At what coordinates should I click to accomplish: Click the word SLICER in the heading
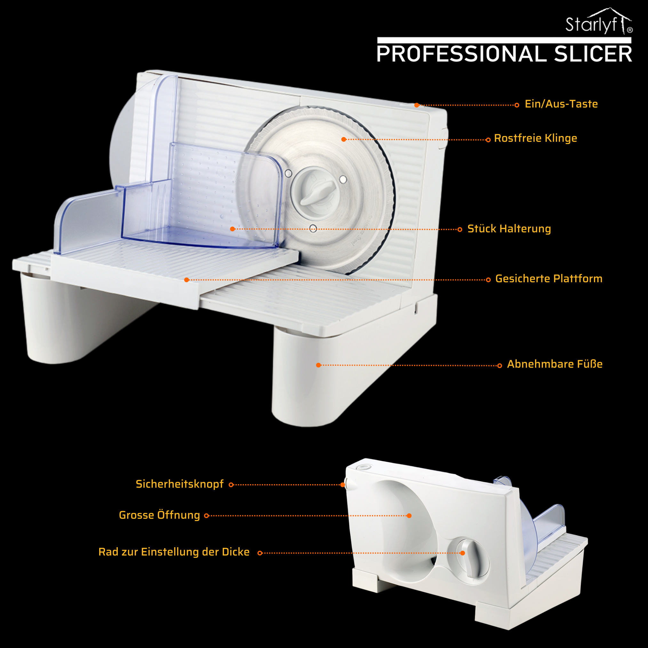tap(593, 54)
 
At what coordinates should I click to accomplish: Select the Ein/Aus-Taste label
tap(561, 104)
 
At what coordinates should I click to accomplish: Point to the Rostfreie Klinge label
tap(536, 138)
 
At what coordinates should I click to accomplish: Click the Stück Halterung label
tap(509, 229)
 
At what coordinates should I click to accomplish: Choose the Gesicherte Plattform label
tap(549, 279)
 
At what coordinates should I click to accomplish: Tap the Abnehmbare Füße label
tap(555, 364)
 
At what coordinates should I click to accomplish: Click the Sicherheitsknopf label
tap(180, 484)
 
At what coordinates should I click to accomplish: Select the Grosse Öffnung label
tap(159, 515)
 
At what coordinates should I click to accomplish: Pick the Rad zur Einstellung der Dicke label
tap(174, 552)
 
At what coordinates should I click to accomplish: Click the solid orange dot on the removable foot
tap(318, 365)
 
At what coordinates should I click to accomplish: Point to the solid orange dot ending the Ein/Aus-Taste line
tap(417, 105)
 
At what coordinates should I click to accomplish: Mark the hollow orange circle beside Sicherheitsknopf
tap(231, 485)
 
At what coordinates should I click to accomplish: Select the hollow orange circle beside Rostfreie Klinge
tap(488, 140)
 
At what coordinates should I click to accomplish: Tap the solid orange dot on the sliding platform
tap(187, 280)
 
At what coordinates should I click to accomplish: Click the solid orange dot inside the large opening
tap(409, 516)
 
